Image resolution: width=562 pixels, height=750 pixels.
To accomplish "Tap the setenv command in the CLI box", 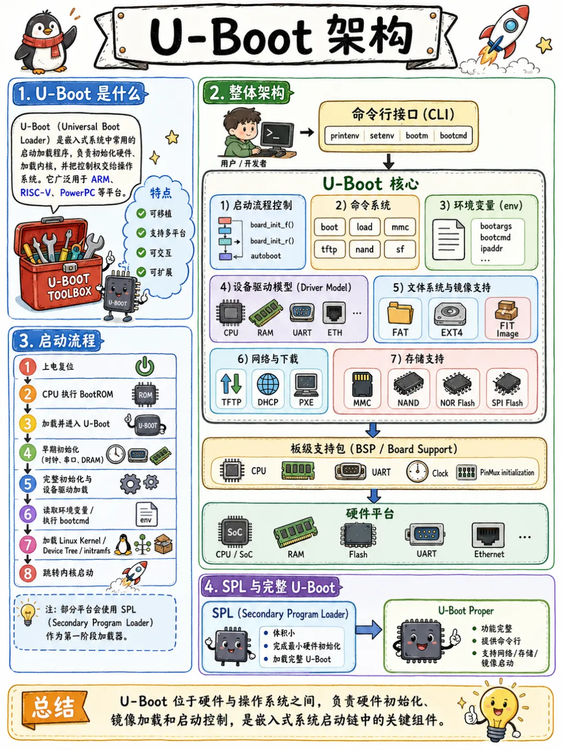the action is [382, 135].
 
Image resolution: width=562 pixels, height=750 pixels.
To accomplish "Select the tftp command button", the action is [329, 249].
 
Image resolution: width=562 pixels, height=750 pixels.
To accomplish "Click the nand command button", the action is [364, 249].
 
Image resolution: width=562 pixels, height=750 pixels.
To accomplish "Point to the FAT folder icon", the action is [400, 312].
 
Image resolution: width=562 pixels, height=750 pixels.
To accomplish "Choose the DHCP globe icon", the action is [268, 384].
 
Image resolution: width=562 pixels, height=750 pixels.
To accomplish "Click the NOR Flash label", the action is [457, 403].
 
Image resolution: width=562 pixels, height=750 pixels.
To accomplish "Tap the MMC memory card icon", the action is [362, 384].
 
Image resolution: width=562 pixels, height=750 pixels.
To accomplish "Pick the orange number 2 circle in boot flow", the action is [28, 394].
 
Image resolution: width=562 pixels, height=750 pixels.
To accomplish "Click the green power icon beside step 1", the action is [145, 366].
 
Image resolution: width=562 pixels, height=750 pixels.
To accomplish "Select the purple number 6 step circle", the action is [28, 514].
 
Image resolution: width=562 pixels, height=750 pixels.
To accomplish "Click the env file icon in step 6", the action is [146, 514].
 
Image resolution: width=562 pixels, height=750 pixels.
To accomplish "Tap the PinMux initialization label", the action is [507, 472].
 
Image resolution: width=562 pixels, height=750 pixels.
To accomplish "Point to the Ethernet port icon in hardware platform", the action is [488, 535].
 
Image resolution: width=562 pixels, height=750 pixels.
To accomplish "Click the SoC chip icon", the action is [235, 532].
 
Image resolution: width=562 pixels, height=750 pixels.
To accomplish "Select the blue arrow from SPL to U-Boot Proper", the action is [368, 630].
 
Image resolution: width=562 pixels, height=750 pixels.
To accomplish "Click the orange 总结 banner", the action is [55, 708].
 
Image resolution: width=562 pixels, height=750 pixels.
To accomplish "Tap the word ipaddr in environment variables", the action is [491, 248].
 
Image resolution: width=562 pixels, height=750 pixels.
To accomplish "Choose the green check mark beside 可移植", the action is [141, 214].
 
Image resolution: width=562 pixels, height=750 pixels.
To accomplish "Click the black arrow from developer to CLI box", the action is [307, 132].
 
